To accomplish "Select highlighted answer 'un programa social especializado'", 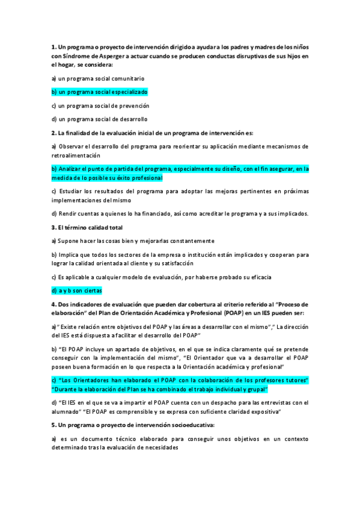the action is click(x=99, y=92).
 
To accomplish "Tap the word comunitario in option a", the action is click(x=127, y=78).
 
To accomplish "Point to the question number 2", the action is click(x=53, y=133).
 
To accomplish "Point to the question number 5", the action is click(x=53, y=425).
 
